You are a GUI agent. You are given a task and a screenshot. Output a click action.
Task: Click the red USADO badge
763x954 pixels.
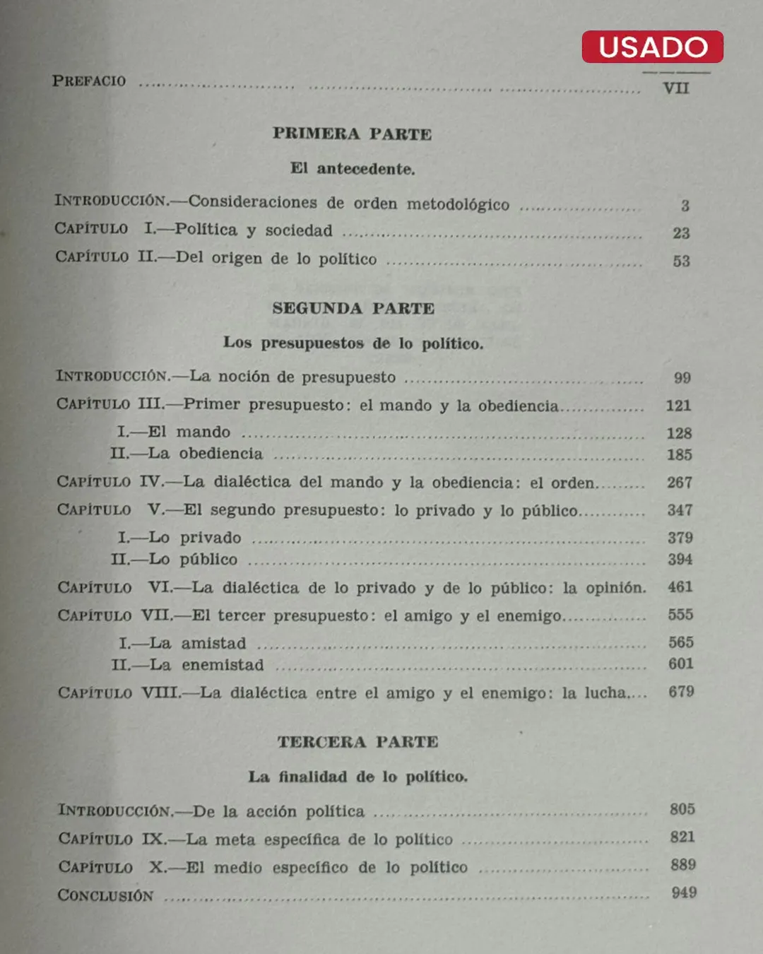[652, 47]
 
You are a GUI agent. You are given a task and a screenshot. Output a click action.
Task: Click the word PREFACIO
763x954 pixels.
[89, 81]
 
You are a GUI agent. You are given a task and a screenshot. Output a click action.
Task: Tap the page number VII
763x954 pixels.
[675, 88]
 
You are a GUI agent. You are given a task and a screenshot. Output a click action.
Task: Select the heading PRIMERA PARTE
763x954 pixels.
[352, 134]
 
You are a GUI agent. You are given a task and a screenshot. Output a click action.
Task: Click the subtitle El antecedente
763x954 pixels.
[352, 169]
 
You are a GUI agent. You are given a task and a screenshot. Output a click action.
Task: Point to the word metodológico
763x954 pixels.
[458, 204]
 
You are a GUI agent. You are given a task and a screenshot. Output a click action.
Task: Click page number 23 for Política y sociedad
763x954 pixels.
[680, 233]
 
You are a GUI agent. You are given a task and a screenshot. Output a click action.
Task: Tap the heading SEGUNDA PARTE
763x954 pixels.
[353, 308]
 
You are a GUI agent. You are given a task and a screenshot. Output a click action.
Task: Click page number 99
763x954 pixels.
[682, 377]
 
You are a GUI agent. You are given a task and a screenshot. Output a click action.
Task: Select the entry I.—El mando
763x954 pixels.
[174, 432]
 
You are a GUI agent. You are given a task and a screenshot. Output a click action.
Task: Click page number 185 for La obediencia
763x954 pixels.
[679, 454]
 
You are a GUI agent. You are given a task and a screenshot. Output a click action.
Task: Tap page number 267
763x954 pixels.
[679, 483]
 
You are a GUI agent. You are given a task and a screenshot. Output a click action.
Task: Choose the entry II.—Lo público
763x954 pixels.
[174, 559]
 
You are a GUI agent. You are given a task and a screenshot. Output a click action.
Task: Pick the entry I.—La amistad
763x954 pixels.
[182, 643]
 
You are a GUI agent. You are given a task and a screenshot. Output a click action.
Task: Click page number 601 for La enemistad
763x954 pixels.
[680, 664]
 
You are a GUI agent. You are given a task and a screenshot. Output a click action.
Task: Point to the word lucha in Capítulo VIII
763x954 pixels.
[605, 693]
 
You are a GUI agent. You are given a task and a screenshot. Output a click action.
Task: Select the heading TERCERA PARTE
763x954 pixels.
[357, 742]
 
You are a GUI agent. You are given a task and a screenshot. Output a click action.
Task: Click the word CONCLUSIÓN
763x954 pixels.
[105, 895]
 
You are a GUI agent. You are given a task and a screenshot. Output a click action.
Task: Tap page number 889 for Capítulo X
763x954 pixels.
[682, 865]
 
